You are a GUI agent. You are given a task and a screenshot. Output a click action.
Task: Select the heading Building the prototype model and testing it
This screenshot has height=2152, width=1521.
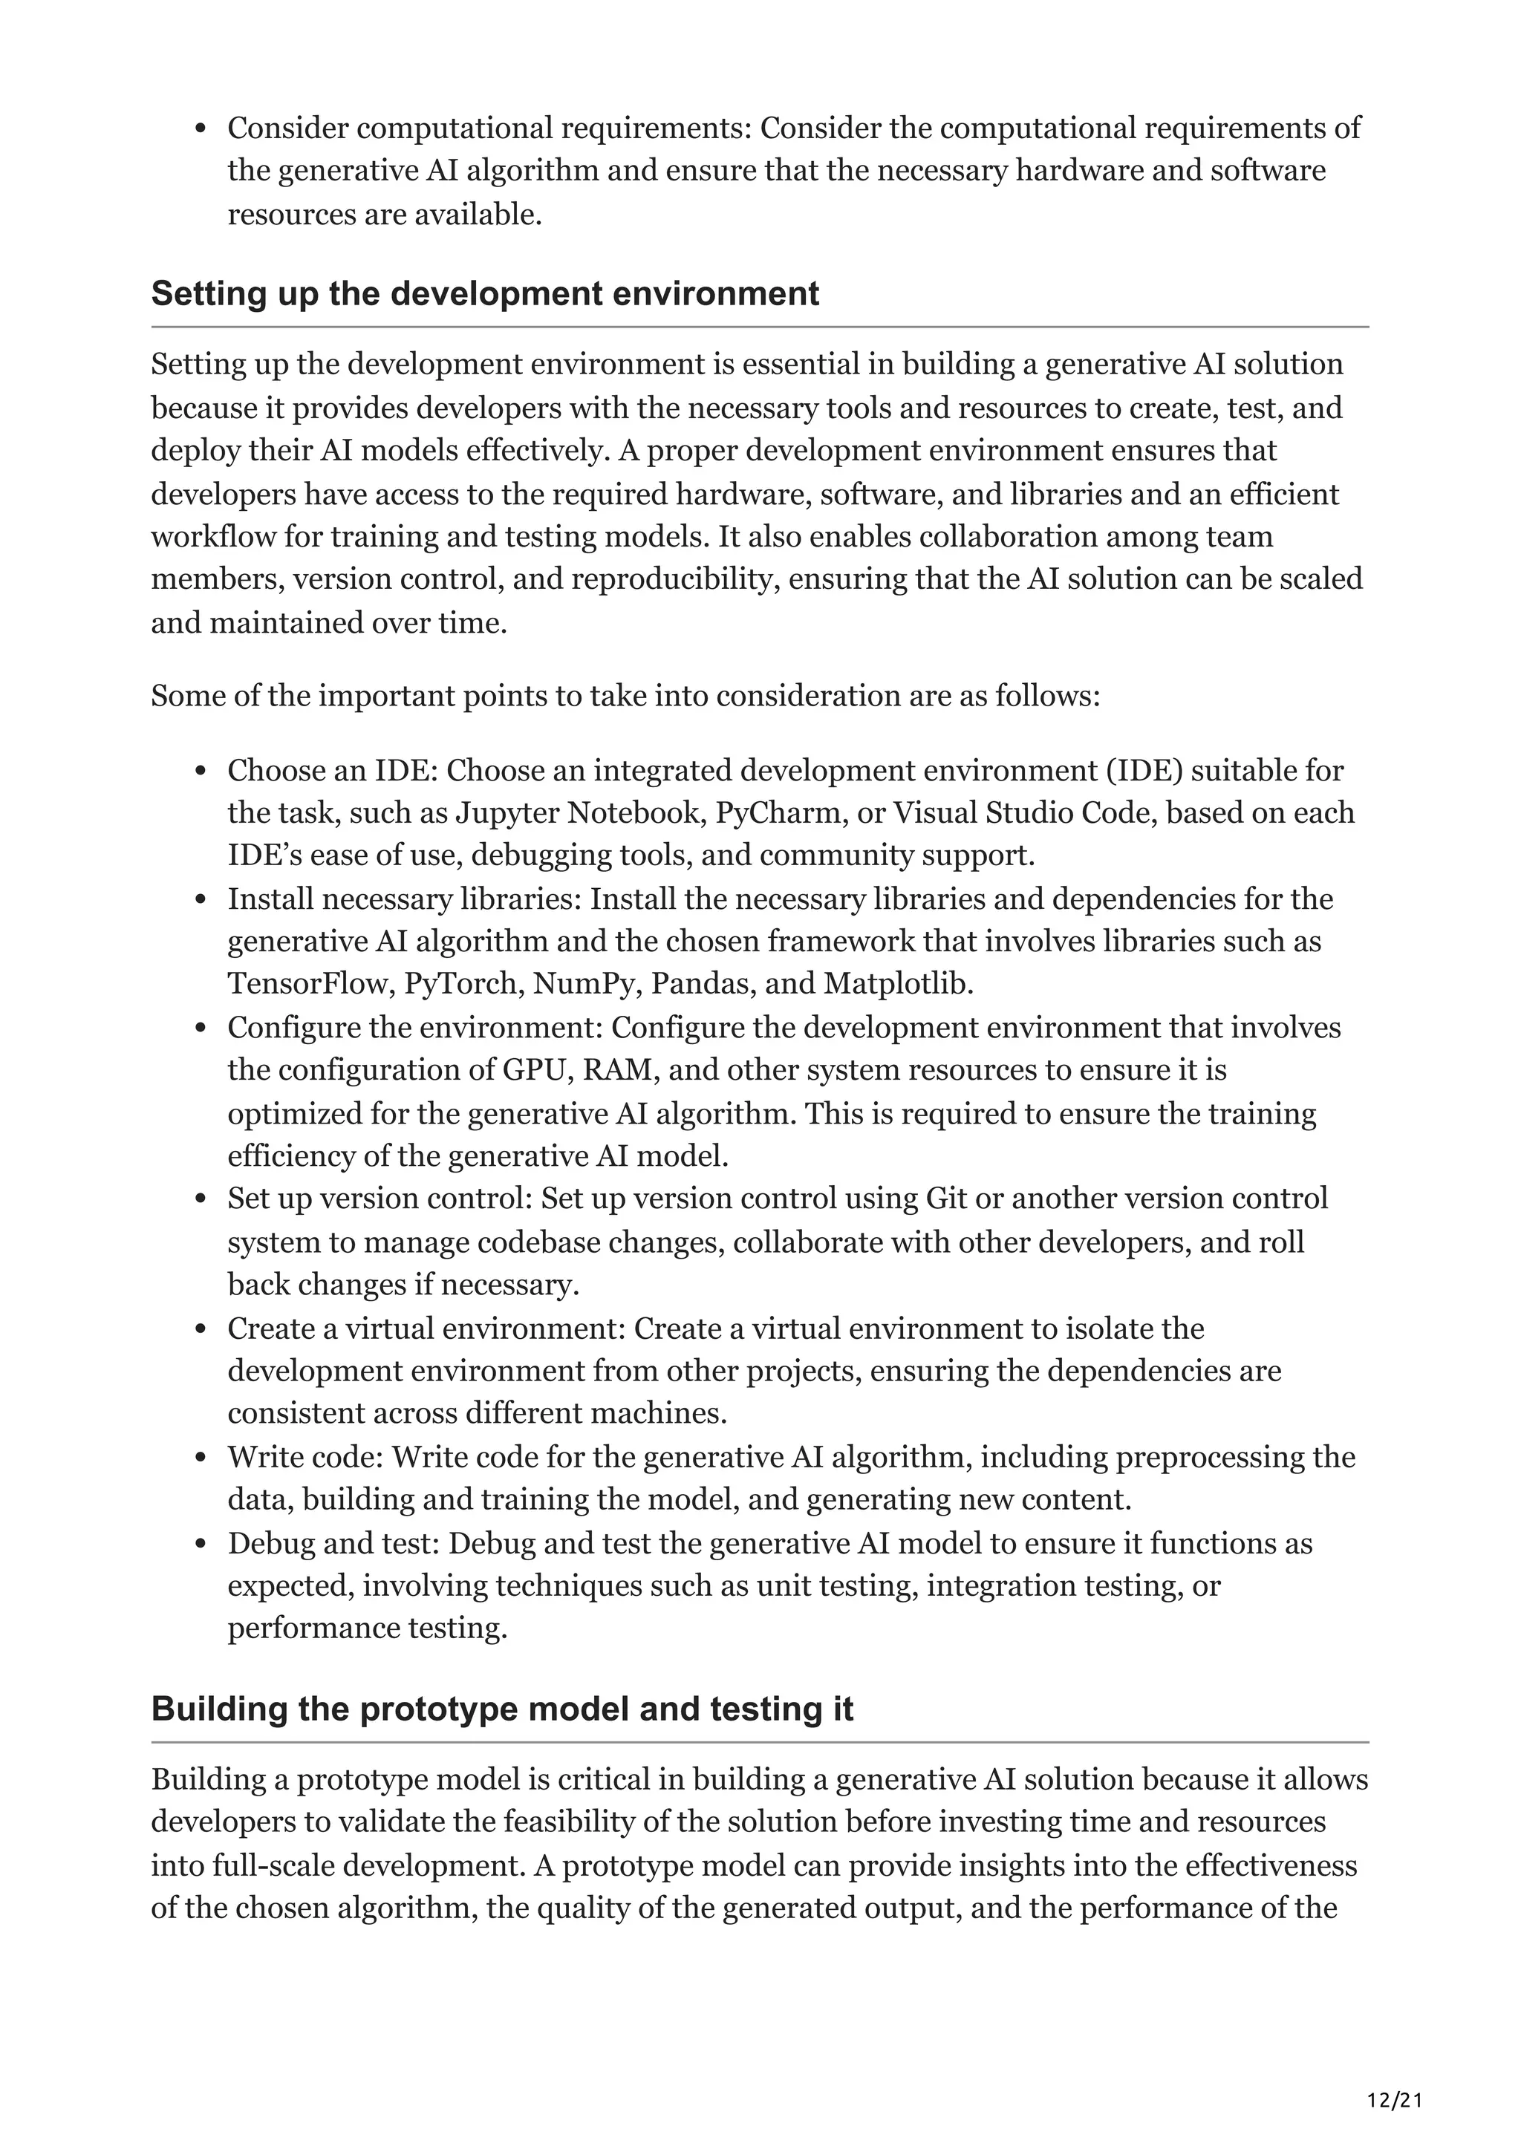pyautogui.click(x=501, y=1709)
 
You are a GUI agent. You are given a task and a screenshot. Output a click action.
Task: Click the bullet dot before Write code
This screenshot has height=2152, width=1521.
pyautogui.click(x=200, y=1458)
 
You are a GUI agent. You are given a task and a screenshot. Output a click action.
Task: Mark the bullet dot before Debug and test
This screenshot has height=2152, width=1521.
pyautogui.click(x=200, y=1545)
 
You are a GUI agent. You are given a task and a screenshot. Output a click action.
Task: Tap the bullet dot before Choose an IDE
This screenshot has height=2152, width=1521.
pyautogui.click(x=200, y=772)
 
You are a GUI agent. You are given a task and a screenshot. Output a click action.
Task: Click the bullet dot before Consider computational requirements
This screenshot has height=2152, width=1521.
pyautogui.click(x=200, y=128)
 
